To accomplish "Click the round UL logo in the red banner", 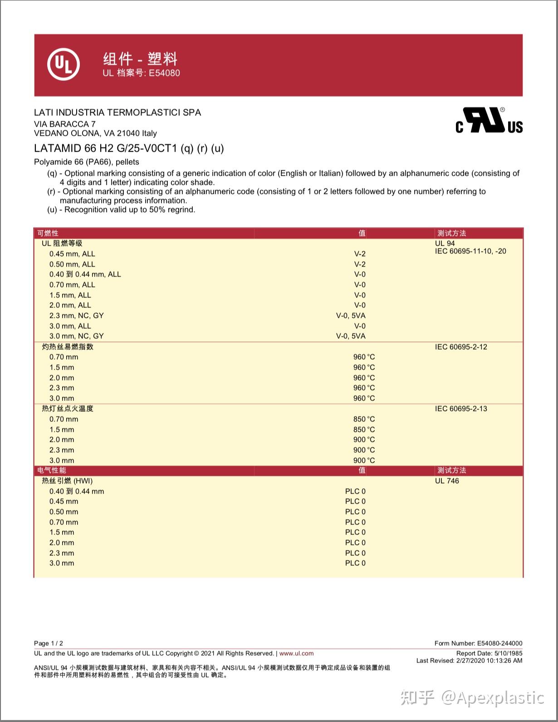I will point(64,64).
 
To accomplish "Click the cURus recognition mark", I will point(489,121).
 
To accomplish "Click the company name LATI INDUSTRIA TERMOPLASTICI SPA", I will point(117,113).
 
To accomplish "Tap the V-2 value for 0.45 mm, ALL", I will point(360,254).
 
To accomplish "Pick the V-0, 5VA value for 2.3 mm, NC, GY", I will point(351,316).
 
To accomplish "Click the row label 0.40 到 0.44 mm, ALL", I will point(85,274).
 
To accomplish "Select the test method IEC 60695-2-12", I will point(461,347).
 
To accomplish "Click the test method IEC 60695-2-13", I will point(461,409).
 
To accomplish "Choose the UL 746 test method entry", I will point(447,481).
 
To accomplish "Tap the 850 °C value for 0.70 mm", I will point(364,419).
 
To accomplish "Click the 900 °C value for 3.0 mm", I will point(364,460).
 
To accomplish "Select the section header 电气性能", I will point(52,470).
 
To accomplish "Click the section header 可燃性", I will point(48,233).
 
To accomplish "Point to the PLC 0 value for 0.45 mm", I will point(355,501).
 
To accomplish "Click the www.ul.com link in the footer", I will point(296,653).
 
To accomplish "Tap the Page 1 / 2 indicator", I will point(49,643).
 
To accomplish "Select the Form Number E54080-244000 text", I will point(478,643).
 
